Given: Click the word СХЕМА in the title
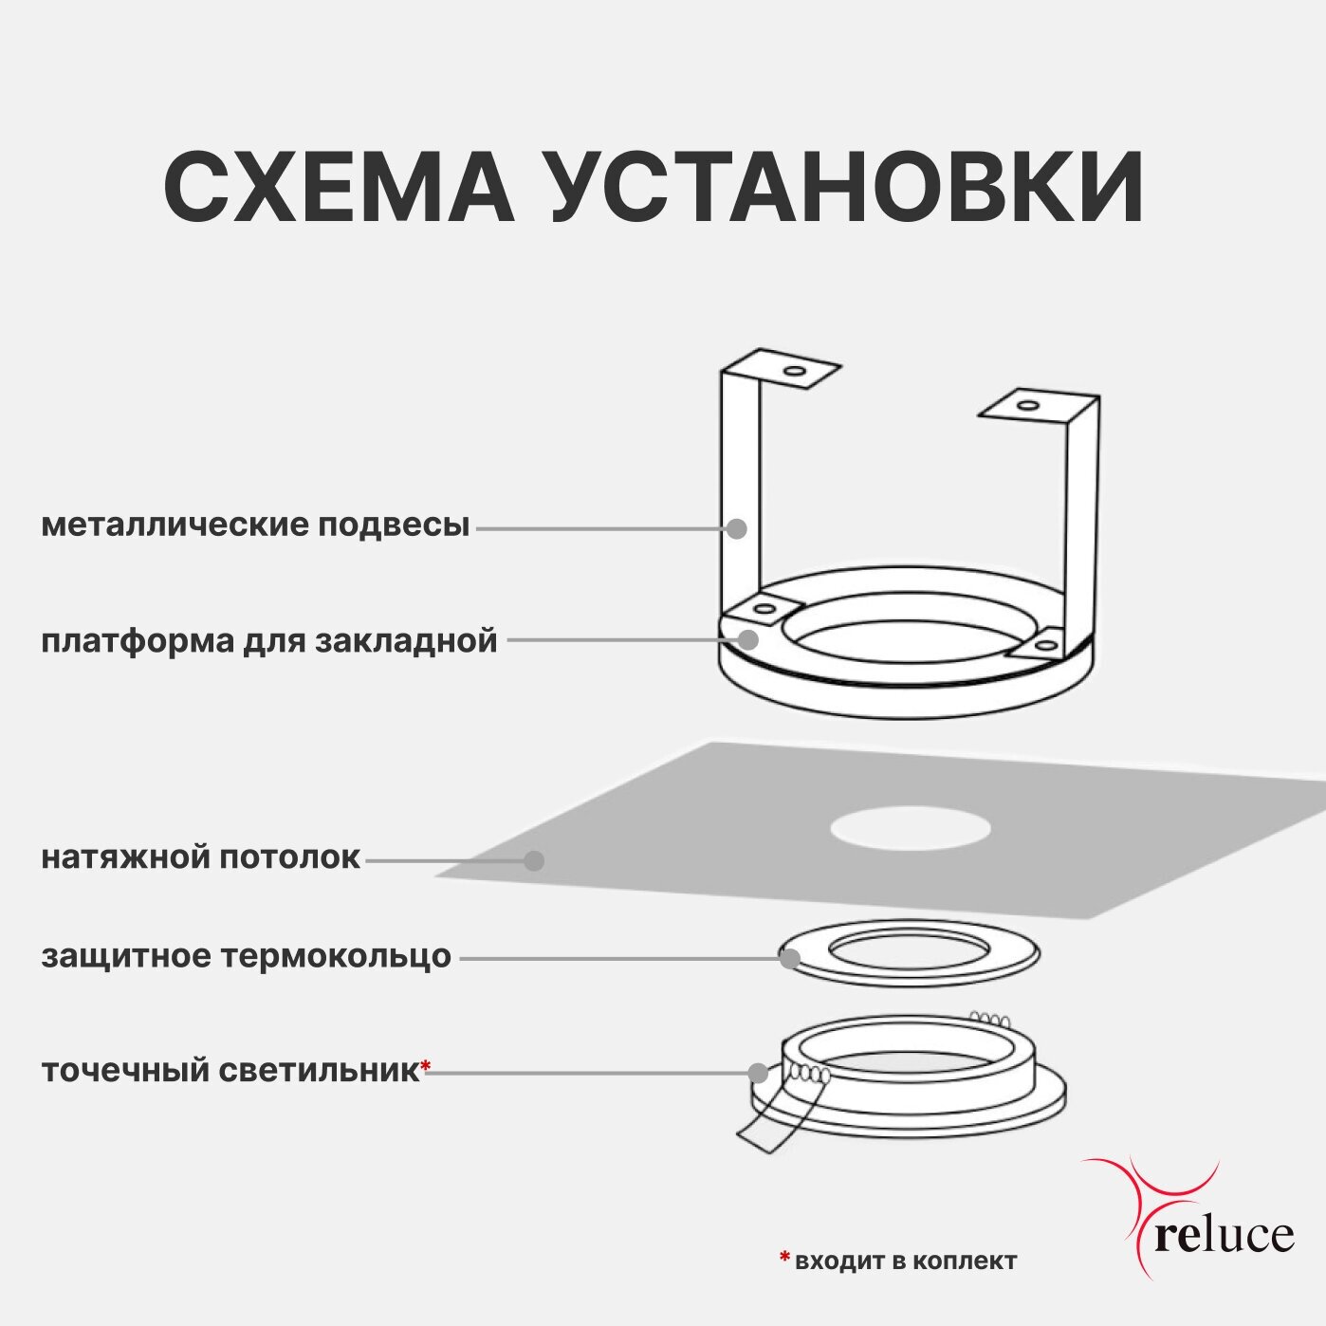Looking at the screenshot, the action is (x=339, y=187).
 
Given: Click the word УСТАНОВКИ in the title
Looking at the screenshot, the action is (x=846, y=187).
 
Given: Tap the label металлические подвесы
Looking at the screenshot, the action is (x=255, y=525).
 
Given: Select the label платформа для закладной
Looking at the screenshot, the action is (x=269, y=640).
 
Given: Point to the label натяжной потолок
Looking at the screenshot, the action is (x=201, y=857).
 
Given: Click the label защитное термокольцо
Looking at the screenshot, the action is (x=247, y=956).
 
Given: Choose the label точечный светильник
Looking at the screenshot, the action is (x=230, y=1071).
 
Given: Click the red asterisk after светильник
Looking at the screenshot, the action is (x=426, y=1067).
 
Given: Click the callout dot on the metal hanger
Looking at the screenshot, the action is (x=737, y=528).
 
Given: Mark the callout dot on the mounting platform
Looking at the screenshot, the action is (x=748, y=639).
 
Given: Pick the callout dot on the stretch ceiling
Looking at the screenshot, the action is (x=534, y=860).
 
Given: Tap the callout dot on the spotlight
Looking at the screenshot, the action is (x=758, y=1073).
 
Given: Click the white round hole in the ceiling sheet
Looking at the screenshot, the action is (x=911, y=828).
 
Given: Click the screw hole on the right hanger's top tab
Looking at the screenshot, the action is (x=1025, y=406).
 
